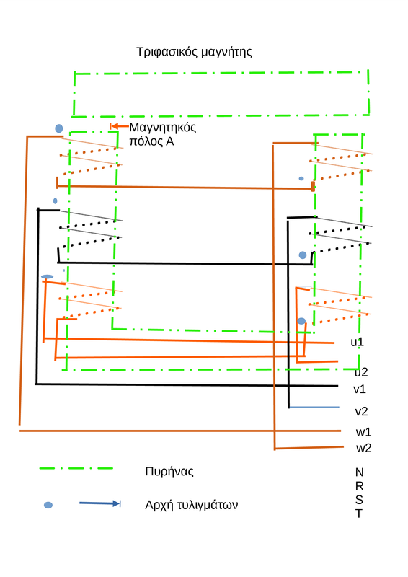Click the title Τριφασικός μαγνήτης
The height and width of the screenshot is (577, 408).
pyautogui.click(x=194, y=52)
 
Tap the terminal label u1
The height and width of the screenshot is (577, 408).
pyautogui.click(x=357, y=342)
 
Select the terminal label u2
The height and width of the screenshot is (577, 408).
pyautogui.click(x=361, y=372)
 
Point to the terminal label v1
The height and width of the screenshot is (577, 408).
pyautogui.click(x=360, y=389)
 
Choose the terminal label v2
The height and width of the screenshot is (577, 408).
pyautogui.click(x=361, y=411)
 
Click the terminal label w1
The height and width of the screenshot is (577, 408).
pyautogui.click(x=363, y=431)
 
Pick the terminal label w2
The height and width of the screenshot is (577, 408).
pyautogui.click(x=364, y=448)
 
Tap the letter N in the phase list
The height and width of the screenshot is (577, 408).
pyautogui.click(x=360, y=472)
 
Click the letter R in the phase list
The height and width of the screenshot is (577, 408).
pyautogui.click(x=360, y=486)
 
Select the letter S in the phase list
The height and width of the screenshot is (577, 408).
pyautogui.click(x=359, y=500)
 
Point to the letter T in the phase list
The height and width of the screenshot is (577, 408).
pyautogui.click(x=359, y=514)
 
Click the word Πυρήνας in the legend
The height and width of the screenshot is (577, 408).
pyautogui.click(x=169, y=472)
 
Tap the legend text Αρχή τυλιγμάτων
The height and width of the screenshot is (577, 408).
pyautogui.click(x=191, y=504)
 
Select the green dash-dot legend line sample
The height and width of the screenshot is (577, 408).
pyautogui.click(x=76, y=468)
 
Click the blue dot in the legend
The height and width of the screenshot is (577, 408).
pyautogui.click(x=48, y=505)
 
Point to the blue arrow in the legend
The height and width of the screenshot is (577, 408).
pyautogui.click(x=100, y=503)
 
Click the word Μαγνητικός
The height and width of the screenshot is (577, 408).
pyautogui.click(x=163, y=128)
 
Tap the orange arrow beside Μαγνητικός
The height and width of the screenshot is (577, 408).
pyautogui.click(x=120, y=126)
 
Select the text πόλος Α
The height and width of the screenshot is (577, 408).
pyautogui.click(x=151, y=141)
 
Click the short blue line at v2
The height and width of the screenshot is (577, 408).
pyautogui.click(x=314, y=407)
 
